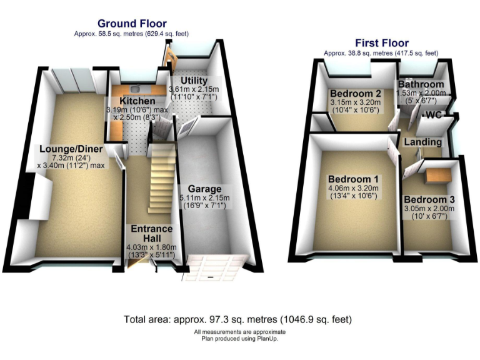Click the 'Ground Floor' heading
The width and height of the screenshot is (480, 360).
pyautogui.click(x=132, y=24)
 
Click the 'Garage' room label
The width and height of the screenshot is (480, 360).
pyautogui.click(x=205, y=189)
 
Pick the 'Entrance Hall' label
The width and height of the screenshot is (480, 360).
pyautogui.click(x=151, y=234)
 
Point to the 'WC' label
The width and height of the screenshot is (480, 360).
pyautogui.click(x=433, y=115)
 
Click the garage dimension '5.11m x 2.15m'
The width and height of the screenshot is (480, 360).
pyautogui.click(x=205, y=198)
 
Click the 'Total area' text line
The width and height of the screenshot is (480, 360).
pyautogui.click(x=238, y=319)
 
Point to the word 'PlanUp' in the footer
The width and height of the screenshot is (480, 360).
pyautogui.click(x=266, y=339)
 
